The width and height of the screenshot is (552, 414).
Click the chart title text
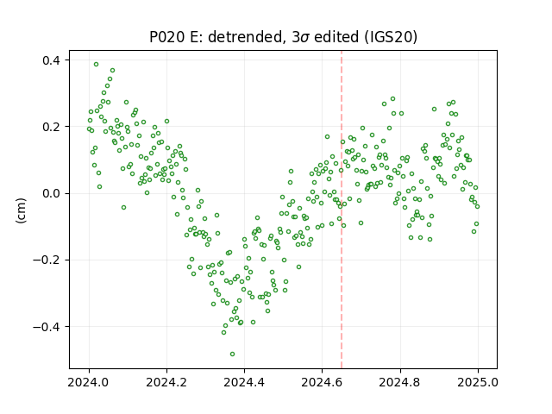pyautogui.click(x=284, y=37)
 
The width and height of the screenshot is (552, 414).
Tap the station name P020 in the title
pyautogui.click(x=167, y=37)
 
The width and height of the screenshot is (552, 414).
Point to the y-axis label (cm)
pyautogui.click(x=21, y=210)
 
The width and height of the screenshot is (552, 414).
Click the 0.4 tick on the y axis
pyautogui.click(x=52, y=60)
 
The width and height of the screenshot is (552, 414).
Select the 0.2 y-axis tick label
pyautogui.click(x=52, y=127)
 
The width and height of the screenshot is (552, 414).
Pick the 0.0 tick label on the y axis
pyautogui.click(x=52, y=193)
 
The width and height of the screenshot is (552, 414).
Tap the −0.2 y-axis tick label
pyautogui.click(x=47, y=260)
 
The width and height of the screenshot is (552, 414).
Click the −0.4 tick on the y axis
pyautogui.click(x=47, y=327)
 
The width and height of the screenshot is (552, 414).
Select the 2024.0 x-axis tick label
pyautogui.click(x=89, y=382)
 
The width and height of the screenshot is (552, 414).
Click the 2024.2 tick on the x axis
pyautogui.click(x=166, y=382)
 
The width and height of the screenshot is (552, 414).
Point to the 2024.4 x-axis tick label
pyautogui.click(x=244, y=382)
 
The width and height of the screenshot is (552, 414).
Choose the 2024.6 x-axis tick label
pyautogui.click(x=322, y=382)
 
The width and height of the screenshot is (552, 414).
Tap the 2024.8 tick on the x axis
pyautogui.click(x=400, y=382)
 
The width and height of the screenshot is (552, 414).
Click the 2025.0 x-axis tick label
pyautogui.click(x=478, y=382)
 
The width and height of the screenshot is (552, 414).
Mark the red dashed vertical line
pyautogui.click(x=342, y=210)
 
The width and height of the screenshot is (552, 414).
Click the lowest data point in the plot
pyautogui.click(x=232, y=354)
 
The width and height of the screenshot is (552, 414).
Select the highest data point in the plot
pyautogui.click(x=96, y=64)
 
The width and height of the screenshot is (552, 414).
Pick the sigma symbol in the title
pyautogui.click(x=305, y=38)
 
